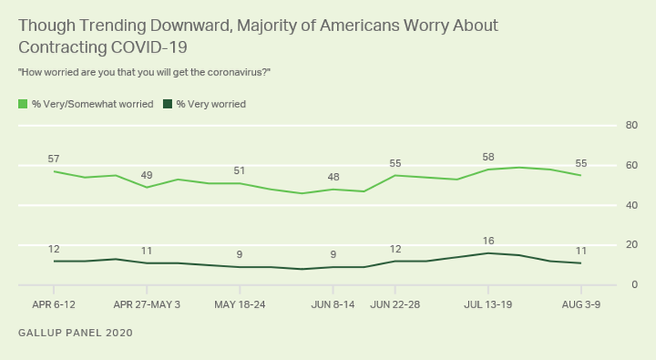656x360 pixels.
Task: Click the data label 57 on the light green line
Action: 53,157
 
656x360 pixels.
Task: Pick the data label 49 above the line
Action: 147,174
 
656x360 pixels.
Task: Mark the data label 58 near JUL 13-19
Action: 488,156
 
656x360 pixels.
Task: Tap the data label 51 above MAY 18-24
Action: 239,170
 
